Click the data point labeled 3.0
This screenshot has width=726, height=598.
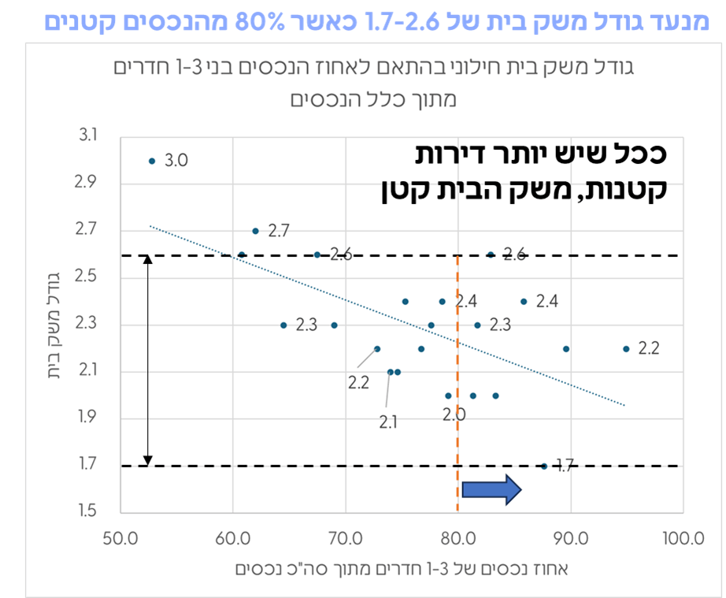tap(152, 161)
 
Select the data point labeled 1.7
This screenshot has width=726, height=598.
tap(543, 466)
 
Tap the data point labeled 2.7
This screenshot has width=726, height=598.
tap(255, 231)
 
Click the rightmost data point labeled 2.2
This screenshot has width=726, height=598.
tap(626, 348)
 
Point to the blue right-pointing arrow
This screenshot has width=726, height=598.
tap(491, 489)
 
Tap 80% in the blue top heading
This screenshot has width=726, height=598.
tap(264, 17)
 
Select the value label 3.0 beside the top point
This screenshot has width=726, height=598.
tap(176, 161)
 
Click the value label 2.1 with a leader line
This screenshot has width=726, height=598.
tap(388, 421)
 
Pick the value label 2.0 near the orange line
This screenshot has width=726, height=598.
tap(454, 414)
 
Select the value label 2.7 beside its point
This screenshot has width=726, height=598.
tap(279, 231)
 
